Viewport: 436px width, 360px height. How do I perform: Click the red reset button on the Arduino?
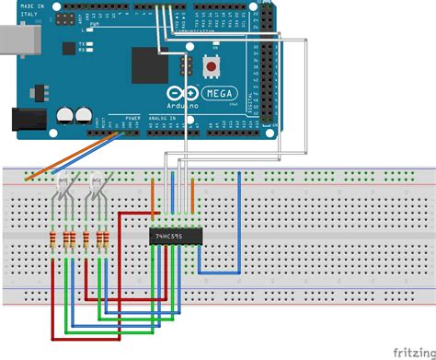click(x=213, y=66)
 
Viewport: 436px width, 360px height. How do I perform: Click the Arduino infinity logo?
click(x=183, y=93)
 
